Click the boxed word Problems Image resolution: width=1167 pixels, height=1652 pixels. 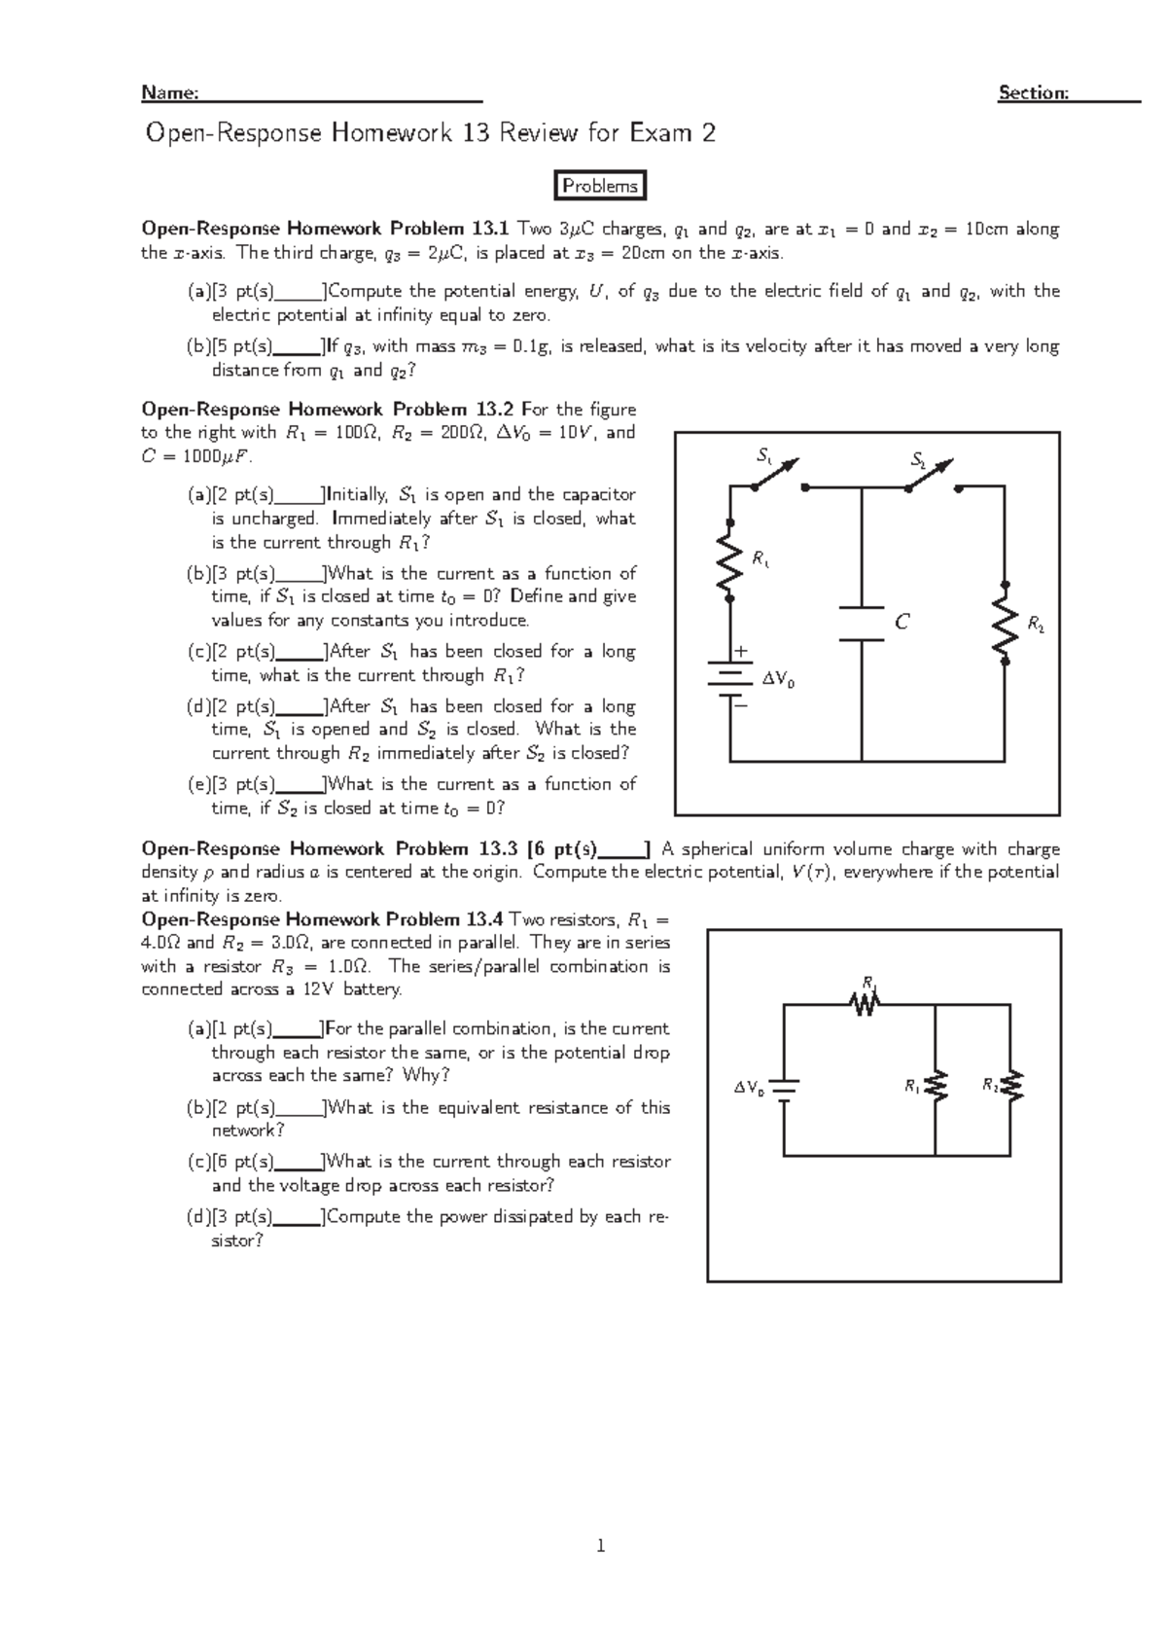(x=600, y=186)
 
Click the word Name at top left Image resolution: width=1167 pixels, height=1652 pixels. (x=169, y=92)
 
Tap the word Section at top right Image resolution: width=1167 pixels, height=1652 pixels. (x=1033, y=92)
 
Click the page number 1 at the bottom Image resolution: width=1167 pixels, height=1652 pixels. (x=601, y=1544)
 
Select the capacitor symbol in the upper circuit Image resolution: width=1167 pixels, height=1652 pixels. (x=862, y=625)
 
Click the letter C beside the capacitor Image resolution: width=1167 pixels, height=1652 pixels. (x=902, y=622)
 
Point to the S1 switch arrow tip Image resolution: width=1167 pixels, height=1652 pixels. (x=796, y=461)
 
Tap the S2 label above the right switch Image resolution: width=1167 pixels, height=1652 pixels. (x=918, y=458)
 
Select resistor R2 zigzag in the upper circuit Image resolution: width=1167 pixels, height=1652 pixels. (x=1005, y=624)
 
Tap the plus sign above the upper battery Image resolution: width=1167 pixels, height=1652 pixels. (x=743, y=651)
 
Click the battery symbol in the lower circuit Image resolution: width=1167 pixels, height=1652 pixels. (x=784, y=1088)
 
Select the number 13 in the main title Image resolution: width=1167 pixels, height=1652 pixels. (x=476, y=132)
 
